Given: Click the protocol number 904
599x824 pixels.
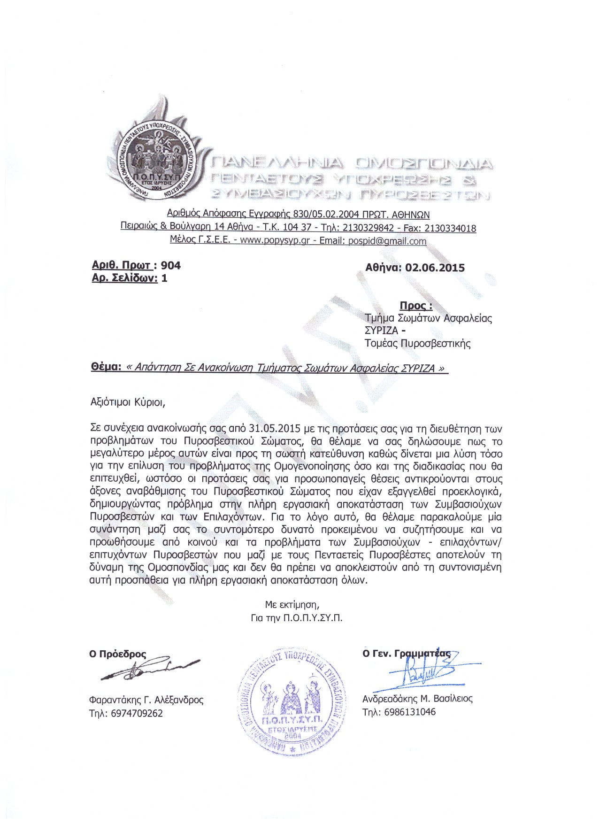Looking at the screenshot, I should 170,265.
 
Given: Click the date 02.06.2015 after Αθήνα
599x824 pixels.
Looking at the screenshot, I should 435,268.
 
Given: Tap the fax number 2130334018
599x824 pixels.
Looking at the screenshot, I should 450,228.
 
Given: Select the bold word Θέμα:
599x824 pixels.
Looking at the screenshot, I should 107,367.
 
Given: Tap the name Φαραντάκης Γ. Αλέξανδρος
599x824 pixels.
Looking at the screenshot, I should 146,700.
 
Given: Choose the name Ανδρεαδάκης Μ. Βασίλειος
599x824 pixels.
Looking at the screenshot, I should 417,698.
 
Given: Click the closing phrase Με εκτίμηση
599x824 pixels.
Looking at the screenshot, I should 292,604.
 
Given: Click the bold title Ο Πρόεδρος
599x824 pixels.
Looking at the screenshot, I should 117,654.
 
